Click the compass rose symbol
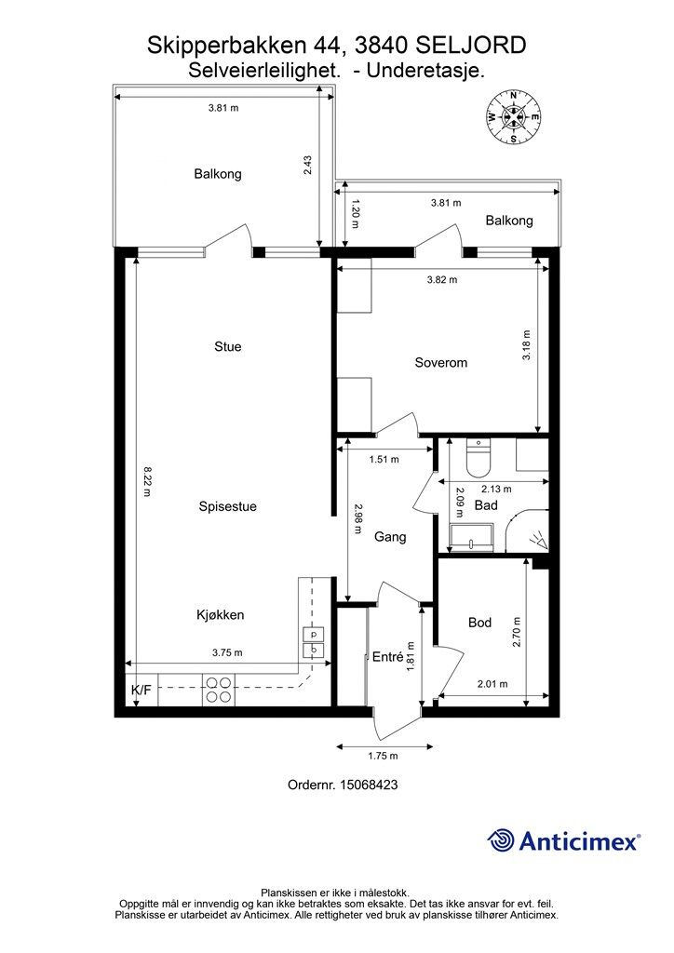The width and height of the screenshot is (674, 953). (x=514, y=116)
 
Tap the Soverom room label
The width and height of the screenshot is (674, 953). (x=440, y=363)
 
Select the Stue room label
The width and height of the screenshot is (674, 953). (x=228, y=346)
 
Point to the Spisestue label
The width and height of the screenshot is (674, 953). (x=227, y=506)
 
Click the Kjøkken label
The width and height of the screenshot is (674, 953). (x=220, y=614)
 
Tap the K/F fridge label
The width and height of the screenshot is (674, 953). (x=141, y=690)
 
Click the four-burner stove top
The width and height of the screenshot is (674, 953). (x=218, y=690)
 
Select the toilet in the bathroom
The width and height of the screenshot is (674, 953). (x=478, y=458)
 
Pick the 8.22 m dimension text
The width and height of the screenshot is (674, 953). (x=147, y=481)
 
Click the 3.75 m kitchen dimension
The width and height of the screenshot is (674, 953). (x=227, y=652)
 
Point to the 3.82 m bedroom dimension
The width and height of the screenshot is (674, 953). (x=442, y=279)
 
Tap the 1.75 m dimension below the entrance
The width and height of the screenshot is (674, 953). (x=383, y=756)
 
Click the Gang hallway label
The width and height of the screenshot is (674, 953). (x=389, y=537)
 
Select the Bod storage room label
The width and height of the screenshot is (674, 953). (x=479, y=623)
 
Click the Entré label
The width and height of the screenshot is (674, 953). (x=388, y=656)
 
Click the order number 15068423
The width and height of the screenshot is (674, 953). (x=369, y=785)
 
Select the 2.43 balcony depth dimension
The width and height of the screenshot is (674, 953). (x=307, y=166)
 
